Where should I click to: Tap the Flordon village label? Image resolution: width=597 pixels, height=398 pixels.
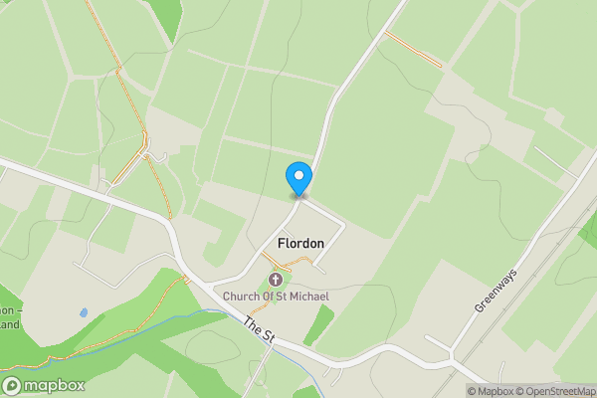(300, 243)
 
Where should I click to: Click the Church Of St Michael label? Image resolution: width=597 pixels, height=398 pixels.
(275, 297)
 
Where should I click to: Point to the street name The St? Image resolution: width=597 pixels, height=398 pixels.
(258, 331)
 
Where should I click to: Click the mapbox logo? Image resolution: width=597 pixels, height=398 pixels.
(44, 385)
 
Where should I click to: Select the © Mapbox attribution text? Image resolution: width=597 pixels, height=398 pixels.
(491, 391)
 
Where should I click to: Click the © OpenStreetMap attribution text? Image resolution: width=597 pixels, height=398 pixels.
(555, 391)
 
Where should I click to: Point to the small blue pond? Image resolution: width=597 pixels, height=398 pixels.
(83, 312)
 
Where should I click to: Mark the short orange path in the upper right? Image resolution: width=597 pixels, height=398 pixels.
(413, 49)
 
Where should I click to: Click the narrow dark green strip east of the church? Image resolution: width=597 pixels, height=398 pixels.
(318, 323)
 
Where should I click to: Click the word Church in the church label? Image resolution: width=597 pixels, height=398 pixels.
(241, 297)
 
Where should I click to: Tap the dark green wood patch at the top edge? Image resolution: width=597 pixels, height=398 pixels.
(166, 15)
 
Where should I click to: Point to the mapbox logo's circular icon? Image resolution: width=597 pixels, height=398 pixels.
(13, 385)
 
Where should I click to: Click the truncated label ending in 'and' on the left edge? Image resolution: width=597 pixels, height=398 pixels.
(10, 324)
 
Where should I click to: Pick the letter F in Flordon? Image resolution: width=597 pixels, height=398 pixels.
(282, 243)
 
